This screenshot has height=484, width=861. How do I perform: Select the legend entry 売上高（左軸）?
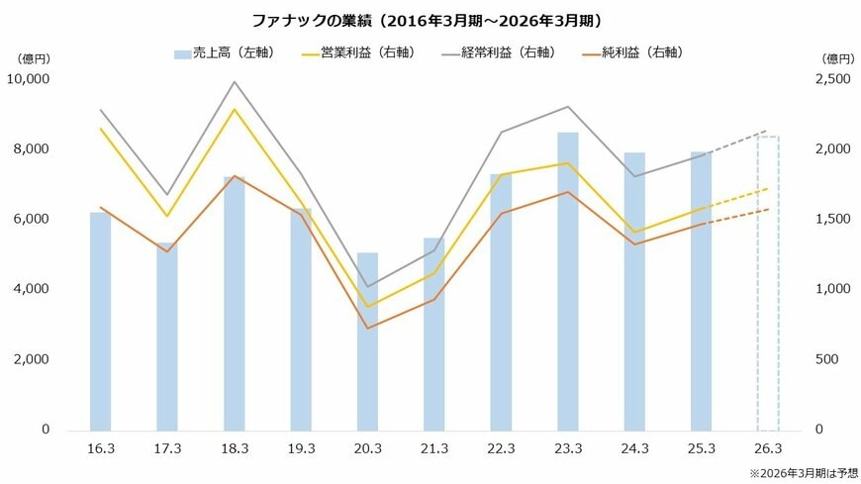click(224, 52)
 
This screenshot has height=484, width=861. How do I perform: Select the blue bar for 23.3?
click(567, 287)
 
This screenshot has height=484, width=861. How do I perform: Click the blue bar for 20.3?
click(367, 346)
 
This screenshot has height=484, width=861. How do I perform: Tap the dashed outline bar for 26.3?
click(768, 287)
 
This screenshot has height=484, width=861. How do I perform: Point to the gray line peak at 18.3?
click(235, 82)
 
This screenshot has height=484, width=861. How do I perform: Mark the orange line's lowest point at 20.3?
click(367, 328)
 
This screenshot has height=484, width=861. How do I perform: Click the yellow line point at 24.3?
click(634, 233)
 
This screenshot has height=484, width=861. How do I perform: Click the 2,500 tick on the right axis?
click(832, 79)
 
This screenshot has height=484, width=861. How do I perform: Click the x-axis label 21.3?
click(434, 449)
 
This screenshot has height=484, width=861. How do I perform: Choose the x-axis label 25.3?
click(701, 449)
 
